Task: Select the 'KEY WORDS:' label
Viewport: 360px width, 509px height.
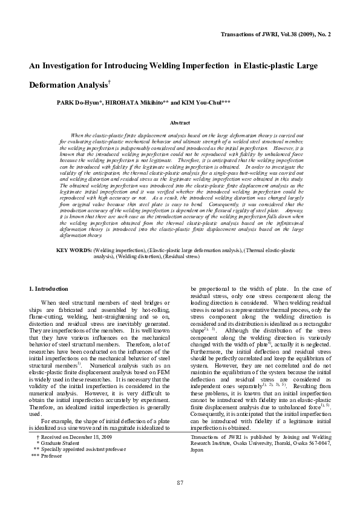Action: (x=73, y=250)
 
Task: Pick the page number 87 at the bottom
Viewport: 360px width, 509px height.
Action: (x=180, y=482)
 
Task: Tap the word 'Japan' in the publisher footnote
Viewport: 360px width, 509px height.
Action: (x=197, y=450)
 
